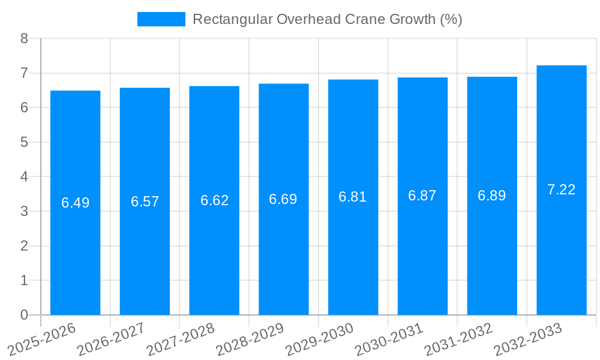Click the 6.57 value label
click(x=145, y=202)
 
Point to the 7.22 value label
click(x=562, y=190)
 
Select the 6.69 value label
click(x=283, y=199)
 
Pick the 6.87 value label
click(x=422, y=196)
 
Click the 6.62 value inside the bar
click(x=214, y=200)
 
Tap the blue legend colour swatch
click(x=161, y=19)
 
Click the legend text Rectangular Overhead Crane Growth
click(x=327, y=19)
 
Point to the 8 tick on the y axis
click(x=24, y=38)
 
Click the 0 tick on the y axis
click(x=24, y=315)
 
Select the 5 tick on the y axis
click(x=24, y=142)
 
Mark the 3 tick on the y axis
click(x=24, y=211)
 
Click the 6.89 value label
click(x=492, y=196)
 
